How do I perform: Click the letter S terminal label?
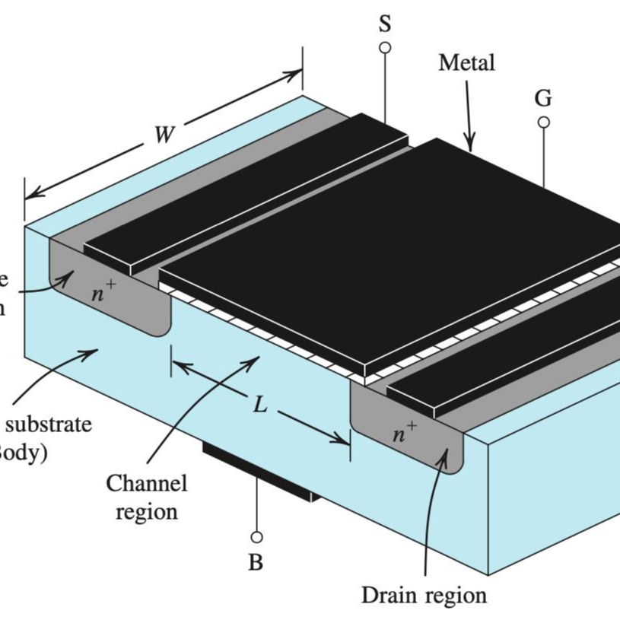pyautogui.click(x=386, y=24)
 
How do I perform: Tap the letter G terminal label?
pyautogui.click(x=543, y=98)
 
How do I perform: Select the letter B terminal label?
pyautogui.click(x=256, y=563)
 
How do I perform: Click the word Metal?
pyautogui.click(x=466, y=62)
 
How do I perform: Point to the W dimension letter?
pyautogui.click(x=163, y=135)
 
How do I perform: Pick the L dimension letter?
pyautogui.click(x=260, y=405)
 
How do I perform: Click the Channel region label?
pyautogui.click(x=146, y=496)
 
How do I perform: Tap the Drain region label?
pyautogui.click(x=424, y=594)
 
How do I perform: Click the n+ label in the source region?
pyautogui.click(x=103, y=294)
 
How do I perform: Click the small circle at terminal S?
pyautogui.click(x=386, y=48)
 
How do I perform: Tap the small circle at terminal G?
pyautogui.click(x=543, y=122)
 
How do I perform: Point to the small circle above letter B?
pyautogui.click(x=256, y=537)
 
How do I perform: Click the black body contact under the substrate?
pyautogui.click(x=259, y=472)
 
